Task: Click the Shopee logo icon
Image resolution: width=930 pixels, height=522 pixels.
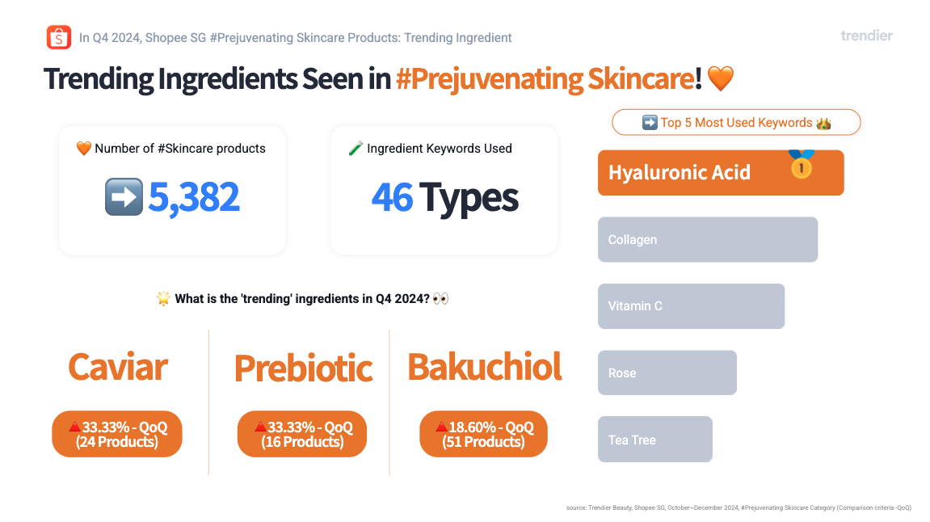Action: coord(59,37)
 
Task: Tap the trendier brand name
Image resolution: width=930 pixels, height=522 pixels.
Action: coord(866,36)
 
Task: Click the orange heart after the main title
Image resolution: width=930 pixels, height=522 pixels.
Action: coord(721,78)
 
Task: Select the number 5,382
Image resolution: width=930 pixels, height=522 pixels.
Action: coord(193,197)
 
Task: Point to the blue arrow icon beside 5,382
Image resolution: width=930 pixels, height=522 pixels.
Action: coord(124,196)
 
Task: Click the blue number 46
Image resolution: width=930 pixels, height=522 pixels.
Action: coord(392,197)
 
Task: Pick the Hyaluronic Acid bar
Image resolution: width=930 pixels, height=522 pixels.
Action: coord(721,173)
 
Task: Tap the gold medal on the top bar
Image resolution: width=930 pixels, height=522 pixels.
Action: coord(802,164)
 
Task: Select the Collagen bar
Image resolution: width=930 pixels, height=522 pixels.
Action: coord(708,240)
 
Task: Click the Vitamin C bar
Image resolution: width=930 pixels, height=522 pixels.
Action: coord(691,306)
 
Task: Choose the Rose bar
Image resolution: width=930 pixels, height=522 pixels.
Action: coord(667,373)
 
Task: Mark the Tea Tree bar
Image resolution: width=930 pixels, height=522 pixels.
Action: coord(654,439)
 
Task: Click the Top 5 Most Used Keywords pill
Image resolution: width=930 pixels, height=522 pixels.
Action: coord(736,122)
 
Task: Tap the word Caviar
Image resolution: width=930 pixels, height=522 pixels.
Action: coord(118,367)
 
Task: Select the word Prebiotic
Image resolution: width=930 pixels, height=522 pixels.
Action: coord(303,368)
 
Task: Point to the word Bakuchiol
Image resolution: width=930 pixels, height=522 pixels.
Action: coord(485,367)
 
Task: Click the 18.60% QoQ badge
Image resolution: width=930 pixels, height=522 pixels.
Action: coord(483,434)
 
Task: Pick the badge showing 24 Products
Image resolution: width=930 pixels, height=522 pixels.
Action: coord(117,434)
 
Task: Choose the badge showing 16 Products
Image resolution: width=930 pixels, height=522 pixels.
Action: coord(302,434)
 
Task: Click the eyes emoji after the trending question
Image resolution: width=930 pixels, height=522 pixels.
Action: coord(440,298)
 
